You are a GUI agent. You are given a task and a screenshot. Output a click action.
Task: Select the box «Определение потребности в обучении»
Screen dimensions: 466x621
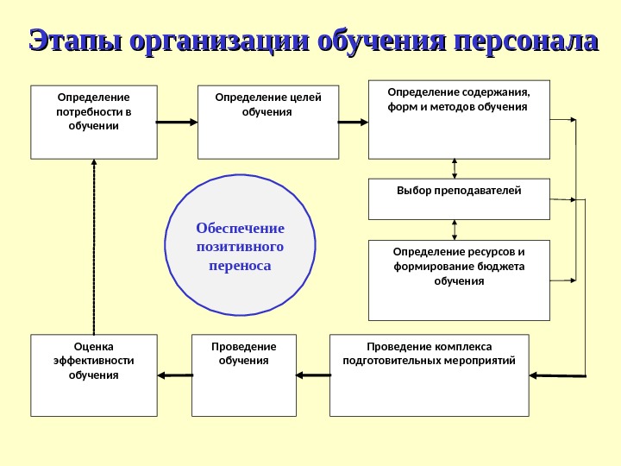click(94, 122)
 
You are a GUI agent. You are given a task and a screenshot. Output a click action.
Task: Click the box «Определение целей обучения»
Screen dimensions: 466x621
click(268, 122)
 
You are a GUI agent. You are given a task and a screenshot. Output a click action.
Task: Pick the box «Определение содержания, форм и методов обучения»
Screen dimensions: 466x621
click(459, 120)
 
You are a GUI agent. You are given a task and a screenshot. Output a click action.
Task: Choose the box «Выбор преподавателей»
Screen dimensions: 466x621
click(459, 198)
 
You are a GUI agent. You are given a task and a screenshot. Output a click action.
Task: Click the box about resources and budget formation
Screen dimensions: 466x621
click(459, 280)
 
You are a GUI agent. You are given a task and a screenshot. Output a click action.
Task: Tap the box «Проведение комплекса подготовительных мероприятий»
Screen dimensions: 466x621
click(429, 375)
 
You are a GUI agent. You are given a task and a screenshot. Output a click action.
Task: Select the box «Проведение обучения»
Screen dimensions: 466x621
click(243, 375)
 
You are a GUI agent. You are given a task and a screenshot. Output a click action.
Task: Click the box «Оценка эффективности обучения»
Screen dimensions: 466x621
click(94, 375)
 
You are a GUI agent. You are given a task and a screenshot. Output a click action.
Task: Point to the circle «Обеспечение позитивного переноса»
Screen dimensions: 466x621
click(240, 247)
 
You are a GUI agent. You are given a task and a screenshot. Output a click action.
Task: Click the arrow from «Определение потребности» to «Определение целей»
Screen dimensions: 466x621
click(178, 123)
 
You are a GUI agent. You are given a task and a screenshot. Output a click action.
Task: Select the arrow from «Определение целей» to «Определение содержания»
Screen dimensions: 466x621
click(354, 123)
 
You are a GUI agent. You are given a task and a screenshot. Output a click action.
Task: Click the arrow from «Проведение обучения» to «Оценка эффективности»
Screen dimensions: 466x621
click(175, 375)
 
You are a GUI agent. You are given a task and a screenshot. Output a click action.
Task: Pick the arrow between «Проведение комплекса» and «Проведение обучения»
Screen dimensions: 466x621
click(313, 375)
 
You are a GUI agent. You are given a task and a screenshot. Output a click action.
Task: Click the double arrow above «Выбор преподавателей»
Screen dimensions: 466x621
click(455, 169)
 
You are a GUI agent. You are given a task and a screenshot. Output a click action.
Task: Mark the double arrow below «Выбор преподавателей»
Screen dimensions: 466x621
click(455, 230)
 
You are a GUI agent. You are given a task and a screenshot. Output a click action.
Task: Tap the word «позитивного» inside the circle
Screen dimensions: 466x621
click(240, 247)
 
